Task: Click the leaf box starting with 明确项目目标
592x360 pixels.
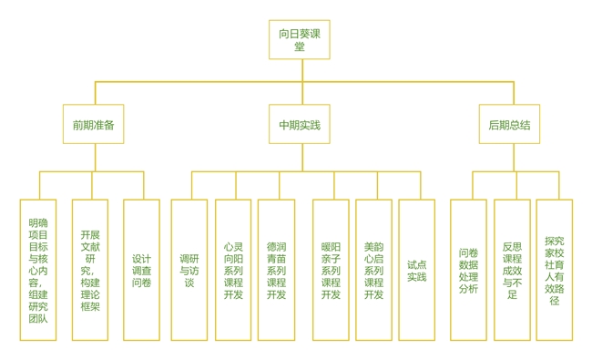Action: point(38,270)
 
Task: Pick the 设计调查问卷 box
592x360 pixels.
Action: point(141,270)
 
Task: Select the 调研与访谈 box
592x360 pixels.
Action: point(189,270)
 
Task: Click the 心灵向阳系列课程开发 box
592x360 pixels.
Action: point(233,270)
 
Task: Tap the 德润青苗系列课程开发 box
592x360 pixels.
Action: point(276,270)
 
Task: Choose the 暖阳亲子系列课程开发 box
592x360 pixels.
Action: point(331,270)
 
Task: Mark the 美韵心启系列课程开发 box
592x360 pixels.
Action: point(373,270)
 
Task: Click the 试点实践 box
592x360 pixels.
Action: point(416,270)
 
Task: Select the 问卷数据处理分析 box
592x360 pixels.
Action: point(468,270)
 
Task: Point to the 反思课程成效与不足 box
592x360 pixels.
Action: point(512,270)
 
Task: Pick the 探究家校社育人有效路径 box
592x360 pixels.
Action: point(555,270)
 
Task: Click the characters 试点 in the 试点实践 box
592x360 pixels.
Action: point(416,264)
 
